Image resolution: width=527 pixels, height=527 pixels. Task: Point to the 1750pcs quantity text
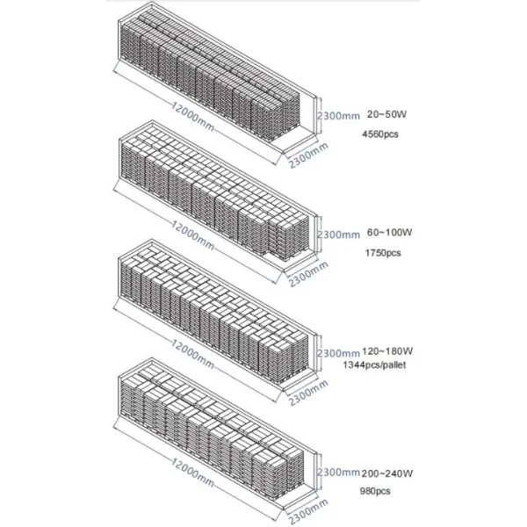381,253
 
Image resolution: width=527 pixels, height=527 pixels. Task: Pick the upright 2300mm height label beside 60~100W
338,235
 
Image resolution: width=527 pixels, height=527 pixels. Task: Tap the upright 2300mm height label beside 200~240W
338,471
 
